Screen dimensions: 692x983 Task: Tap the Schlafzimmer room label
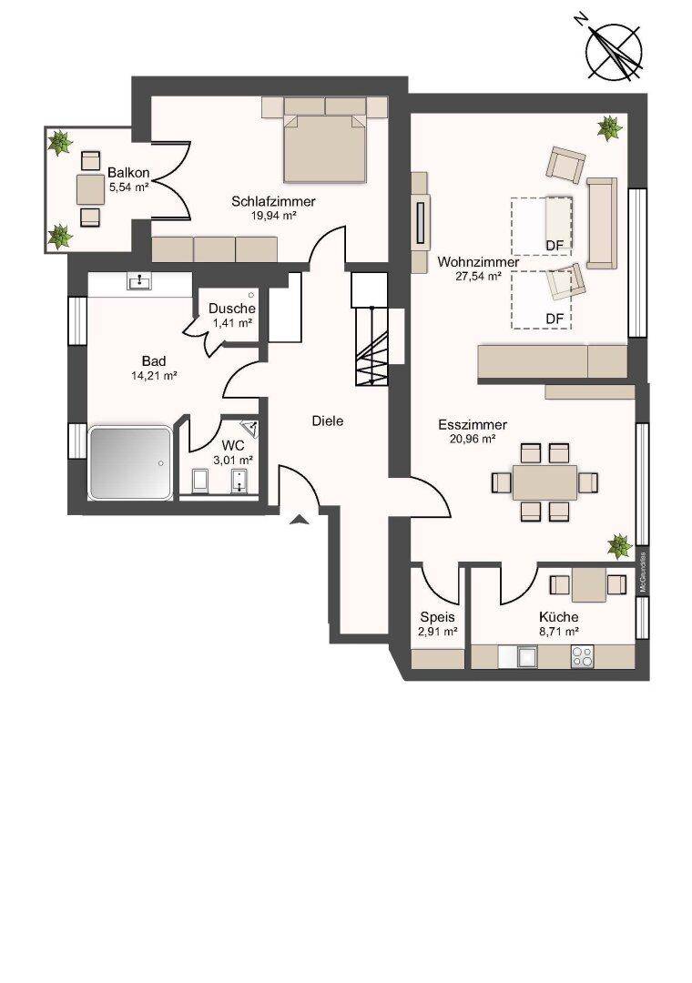[x=273, y=201]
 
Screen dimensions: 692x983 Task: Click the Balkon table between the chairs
[x=90, y=189]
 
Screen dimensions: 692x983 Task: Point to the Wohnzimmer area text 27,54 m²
[x=477, y=275]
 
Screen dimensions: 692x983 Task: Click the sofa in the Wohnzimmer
[x=602, y=223]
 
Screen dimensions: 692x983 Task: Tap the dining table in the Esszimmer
[x=544, y=482]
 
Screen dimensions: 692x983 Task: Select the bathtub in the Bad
[x=130, y=462]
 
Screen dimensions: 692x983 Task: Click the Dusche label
[x=232, y=309]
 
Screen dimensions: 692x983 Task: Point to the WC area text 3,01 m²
[x=233, y=460]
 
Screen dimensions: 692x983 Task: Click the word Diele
[x=328, y=421]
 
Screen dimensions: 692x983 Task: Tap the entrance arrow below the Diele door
[x=300, y=519]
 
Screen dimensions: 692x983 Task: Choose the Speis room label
[x=437, y=617]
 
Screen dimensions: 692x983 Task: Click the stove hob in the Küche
[x=582, y=656]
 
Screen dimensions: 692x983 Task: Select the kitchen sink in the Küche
[x=525, y=657]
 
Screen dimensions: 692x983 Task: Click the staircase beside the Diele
[x=371, y=347]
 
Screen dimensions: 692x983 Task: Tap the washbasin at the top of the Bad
[x=138, y=283]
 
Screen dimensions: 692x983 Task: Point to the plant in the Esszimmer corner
[x=619, y=546]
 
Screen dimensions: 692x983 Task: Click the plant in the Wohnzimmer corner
[x=609, y=128]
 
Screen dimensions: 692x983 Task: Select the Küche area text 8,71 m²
[x=558, y=632]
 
